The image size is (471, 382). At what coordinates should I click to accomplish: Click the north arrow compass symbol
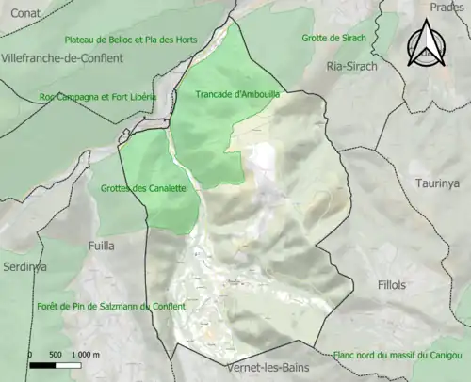click(x=428, y=45)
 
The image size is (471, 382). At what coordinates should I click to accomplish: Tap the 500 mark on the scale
click(x=56, y=354)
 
